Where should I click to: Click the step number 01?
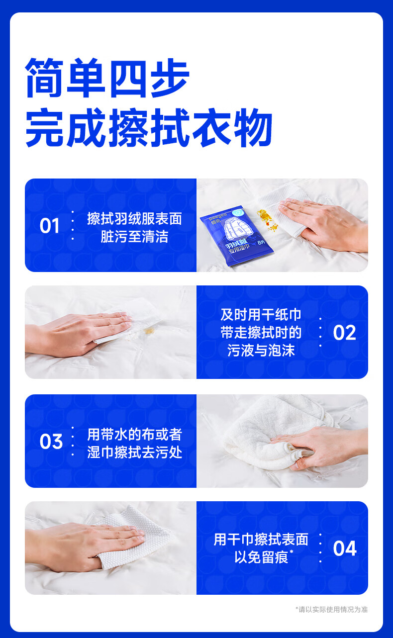pyautogui.click(x=50, y=226)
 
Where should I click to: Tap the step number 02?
pyautogui.click(x=345, y=333)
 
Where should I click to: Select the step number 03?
pyautogui.click(x=51, y=442)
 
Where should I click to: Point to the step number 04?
pyautogui.click(x=345, y=548)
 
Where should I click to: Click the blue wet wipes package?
pyautogui.click(x=236, y=235)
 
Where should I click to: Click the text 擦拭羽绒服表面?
pyautogui.click(x=134, y=219)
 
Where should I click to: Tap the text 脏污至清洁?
pyautogui.click(x=134, y=237)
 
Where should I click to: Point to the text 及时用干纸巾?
pyautogui.click(x=261, y=315)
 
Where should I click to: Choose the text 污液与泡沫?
pyautogui.click(x=261, y=351)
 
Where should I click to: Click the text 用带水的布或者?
pyautogui.click(x=134, y=434)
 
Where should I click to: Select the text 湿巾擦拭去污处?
pyautogui.click(x=134, y=453)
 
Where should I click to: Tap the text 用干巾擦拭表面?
pyautogui.click(x=261, y=539)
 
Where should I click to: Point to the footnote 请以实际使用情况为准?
pyautogui.click(x=333, y=609)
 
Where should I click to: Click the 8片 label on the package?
pyautogui.click(x=261, y=242)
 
